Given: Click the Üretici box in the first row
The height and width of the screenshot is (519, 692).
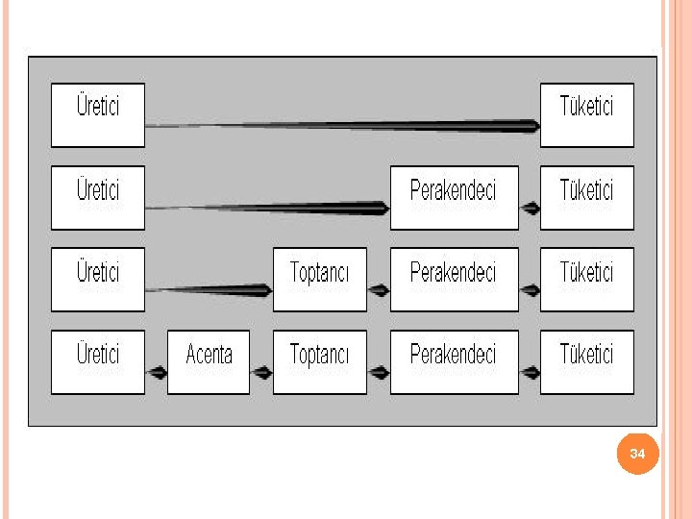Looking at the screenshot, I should coord(97,114).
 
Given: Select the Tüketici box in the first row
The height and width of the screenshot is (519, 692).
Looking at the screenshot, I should coord(586,114).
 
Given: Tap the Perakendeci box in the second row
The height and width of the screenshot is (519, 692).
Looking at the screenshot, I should coord(454,197).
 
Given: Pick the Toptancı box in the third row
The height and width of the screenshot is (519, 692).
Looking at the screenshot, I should coord(319,280).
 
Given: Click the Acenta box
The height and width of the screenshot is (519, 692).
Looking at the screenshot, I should coord(209,361).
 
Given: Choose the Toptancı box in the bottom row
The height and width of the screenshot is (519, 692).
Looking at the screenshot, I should coord(319,361).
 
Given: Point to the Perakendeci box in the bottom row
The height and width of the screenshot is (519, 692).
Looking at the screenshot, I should coord(454,361).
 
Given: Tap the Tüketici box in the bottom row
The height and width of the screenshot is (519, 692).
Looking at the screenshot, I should coord(586,361).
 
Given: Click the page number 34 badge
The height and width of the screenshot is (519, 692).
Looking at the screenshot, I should coord(638,453).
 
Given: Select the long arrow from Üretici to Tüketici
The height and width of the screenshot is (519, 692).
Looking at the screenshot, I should coord(342,125).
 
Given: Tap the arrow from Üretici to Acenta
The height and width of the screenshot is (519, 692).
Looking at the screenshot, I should coord(157,371).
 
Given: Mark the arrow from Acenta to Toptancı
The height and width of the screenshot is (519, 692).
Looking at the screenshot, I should coord(261,371).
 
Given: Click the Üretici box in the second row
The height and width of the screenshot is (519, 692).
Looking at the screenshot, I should coord(97,197).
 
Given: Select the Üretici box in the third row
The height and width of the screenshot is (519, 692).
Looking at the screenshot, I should coord(97,280).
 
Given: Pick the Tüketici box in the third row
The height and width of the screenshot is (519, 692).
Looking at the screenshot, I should coord(586,280).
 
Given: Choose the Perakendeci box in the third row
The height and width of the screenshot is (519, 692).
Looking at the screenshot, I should coord(454,280).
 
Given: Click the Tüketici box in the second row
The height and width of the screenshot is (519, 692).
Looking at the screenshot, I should coord(586,197).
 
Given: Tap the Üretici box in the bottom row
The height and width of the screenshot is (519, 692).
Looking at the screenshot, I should coord(97,361).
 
